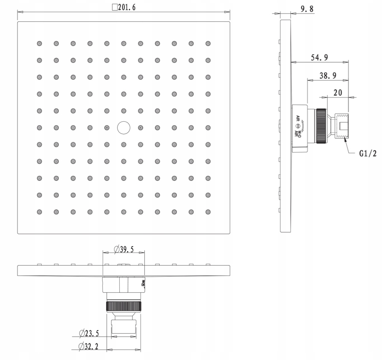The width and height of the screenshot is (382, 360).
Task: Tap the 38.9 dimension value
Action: click(328, 76)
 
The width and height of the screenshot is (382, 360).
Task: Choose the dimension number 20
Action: click(337, 93)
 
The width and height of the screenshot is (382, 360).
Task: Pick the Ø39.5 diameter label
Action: click(124, 249)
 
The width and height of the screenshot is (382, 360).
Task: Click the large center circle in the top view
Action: click(124, 127)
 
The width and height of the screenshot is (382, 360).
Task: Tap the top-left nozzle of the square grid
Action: click(39, 43)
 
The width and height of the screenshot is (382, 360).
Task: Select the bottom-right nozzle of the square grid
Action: click(208, 211)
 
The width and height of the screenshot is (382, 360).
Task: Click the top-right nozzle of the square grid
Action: click(208, 43)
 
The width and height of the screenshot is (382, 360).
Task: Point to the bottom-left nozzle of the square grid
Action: click(39, 211)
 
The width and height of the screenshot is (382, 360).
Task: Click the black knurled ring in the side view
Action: click(321, 127)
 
